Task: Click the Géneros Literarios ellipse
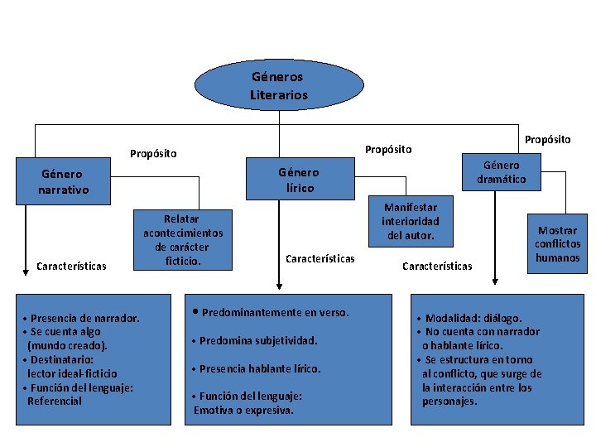[279, 85]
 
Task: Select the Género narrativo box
[63, 182]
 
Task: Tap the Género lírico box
[298, 180]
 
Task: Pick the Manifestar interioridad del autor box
[411, 222]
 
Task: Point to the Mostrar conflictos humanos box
[557, 244]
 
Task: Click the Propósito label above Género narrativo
[153, 153]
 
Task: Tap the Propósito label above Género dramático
[547, 139]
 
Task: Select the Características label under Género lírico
[320, 259]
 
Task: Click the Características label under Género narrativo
[71, 267]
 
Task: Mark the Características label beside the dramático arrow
[437, 266]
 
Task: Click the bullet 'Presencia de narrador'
[81, 318]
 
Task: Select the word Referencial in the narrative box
[55, 401]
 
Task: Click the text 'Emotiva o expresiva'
[244, 410]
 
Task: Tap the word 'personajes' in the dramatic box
[449, 401]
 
